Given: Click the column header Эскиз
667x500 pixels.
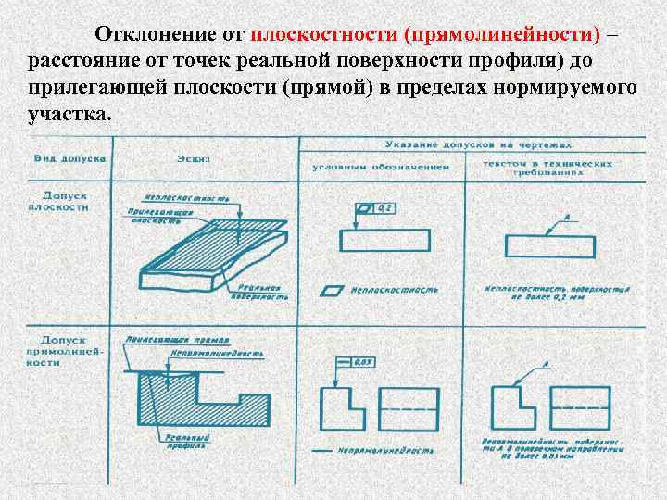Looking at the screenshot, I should tap(196, 159).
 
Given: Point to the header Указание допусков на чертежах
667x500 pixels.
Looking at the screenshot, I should tap(478, 145).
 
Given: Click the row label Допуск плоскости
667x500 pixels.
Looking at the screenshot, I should tap(66, 202).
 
